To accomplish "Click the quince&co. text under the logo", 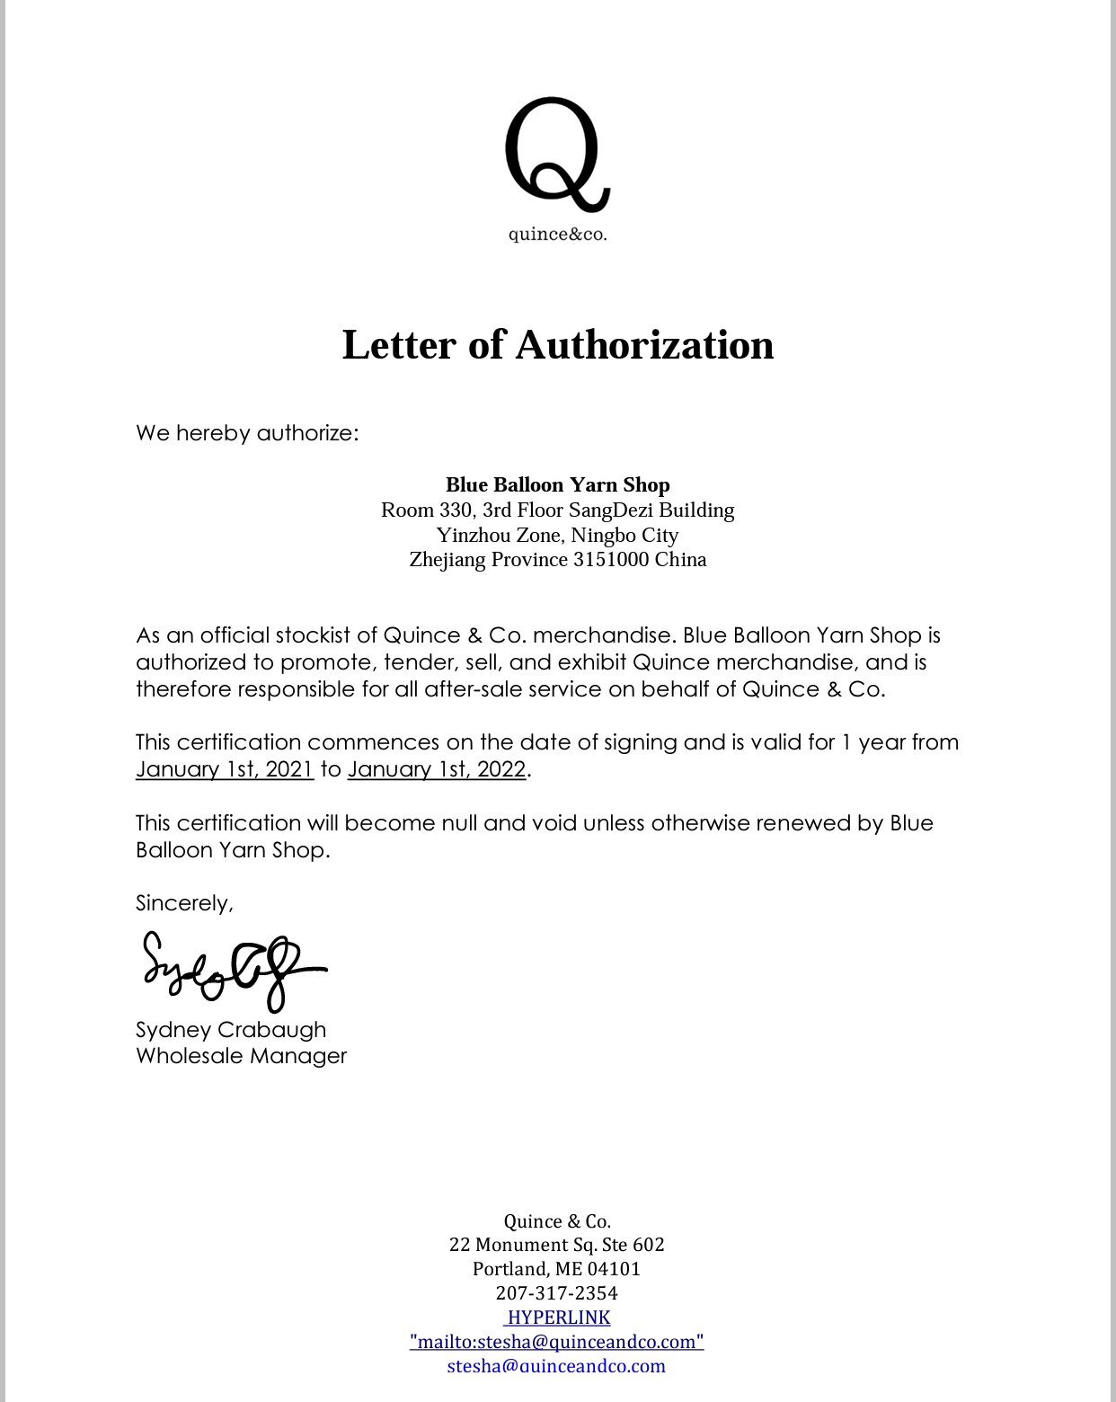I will [x=557, y=235].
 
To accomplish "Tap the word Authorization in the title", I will [x=644, y=345].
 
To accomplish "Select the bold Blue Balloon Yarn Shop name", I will [x=557, y=485].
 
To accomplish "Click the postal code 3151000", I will [x=611, y=560].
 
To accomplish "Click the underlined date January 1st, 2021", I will [x=225, y=769].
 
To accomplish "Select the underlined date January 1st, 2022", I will [x=436, y=769].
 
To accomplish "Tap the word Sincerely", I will [x=184, y=903].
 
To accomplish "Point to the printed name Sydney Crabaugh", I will [x=231, y=1030].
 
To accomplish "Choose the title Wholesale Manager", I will [x=241, y=1056].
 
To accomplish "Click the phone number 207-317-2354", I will [x=557, y=1293].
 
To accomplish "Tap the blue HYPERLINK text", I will [x=558, y=1318].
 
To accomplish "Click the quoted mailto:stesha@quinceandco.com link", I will [x=557, y=1342].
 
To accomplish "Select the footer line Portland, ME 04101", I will [x=557, y=1269].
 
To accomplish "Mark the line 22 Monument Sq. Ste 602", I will [x=557, y=1245].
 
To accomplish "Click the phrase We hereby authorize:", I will [x=247, y=433].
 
